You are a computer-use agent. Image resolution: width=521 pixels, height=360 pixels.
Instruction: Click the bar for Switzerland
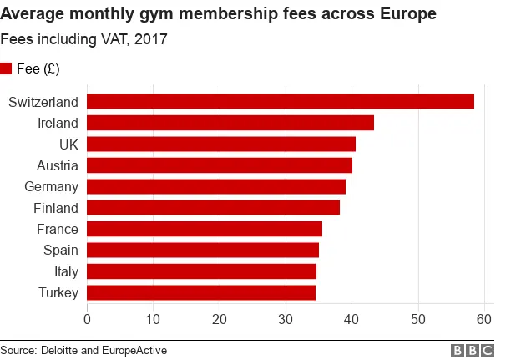click(x=281, y=101)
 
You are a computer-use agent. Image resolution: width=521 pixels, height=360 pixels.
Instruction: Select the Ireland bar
click(x=230, y=123)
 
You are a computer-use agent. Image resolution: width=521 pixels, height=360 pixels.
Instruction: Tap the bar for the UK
click(x=221, y=145)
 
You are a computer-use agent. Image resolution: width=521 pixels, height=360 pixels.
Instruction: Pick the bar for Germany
click(x=216, y=186)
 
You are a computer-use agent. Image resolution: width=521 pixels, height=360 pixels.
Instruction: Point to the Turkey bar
click(x=201, y=292)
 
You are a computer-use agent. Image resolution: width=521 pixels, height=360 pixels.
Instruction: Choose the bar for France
click(x=205, y=229)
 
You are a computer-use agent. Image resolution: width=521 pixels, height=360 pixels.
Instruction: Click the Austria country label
click(x=58, y=165)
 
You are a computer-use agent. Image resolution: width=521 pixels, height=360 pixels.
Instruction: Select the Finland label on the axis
click(x=56, y=208)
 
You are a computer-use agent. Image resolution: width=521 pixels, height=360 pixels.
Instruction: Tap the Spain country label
click(x=61, y=251)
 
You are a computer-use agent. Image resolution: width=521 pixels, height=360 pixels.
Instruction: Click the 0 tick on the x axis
click(x=88, y=318)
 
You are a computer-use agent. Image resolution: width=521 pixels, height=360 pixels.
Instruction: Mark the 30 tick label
click(x=286, y=318)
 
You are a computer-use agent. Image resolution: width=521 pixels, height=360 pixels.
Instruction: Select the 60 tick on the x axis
click(x=483, y=318)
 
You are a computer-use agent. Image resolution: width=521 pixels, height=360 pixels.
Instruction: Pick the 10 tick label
click(x=154, y=318)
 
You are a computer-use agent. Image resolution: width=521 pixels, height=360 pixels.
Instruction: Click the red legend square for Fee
click(x=6, y=68)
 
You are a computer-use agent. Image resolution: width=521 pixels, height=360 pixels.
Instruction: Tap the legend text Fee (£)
click(x=38, y=68)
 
